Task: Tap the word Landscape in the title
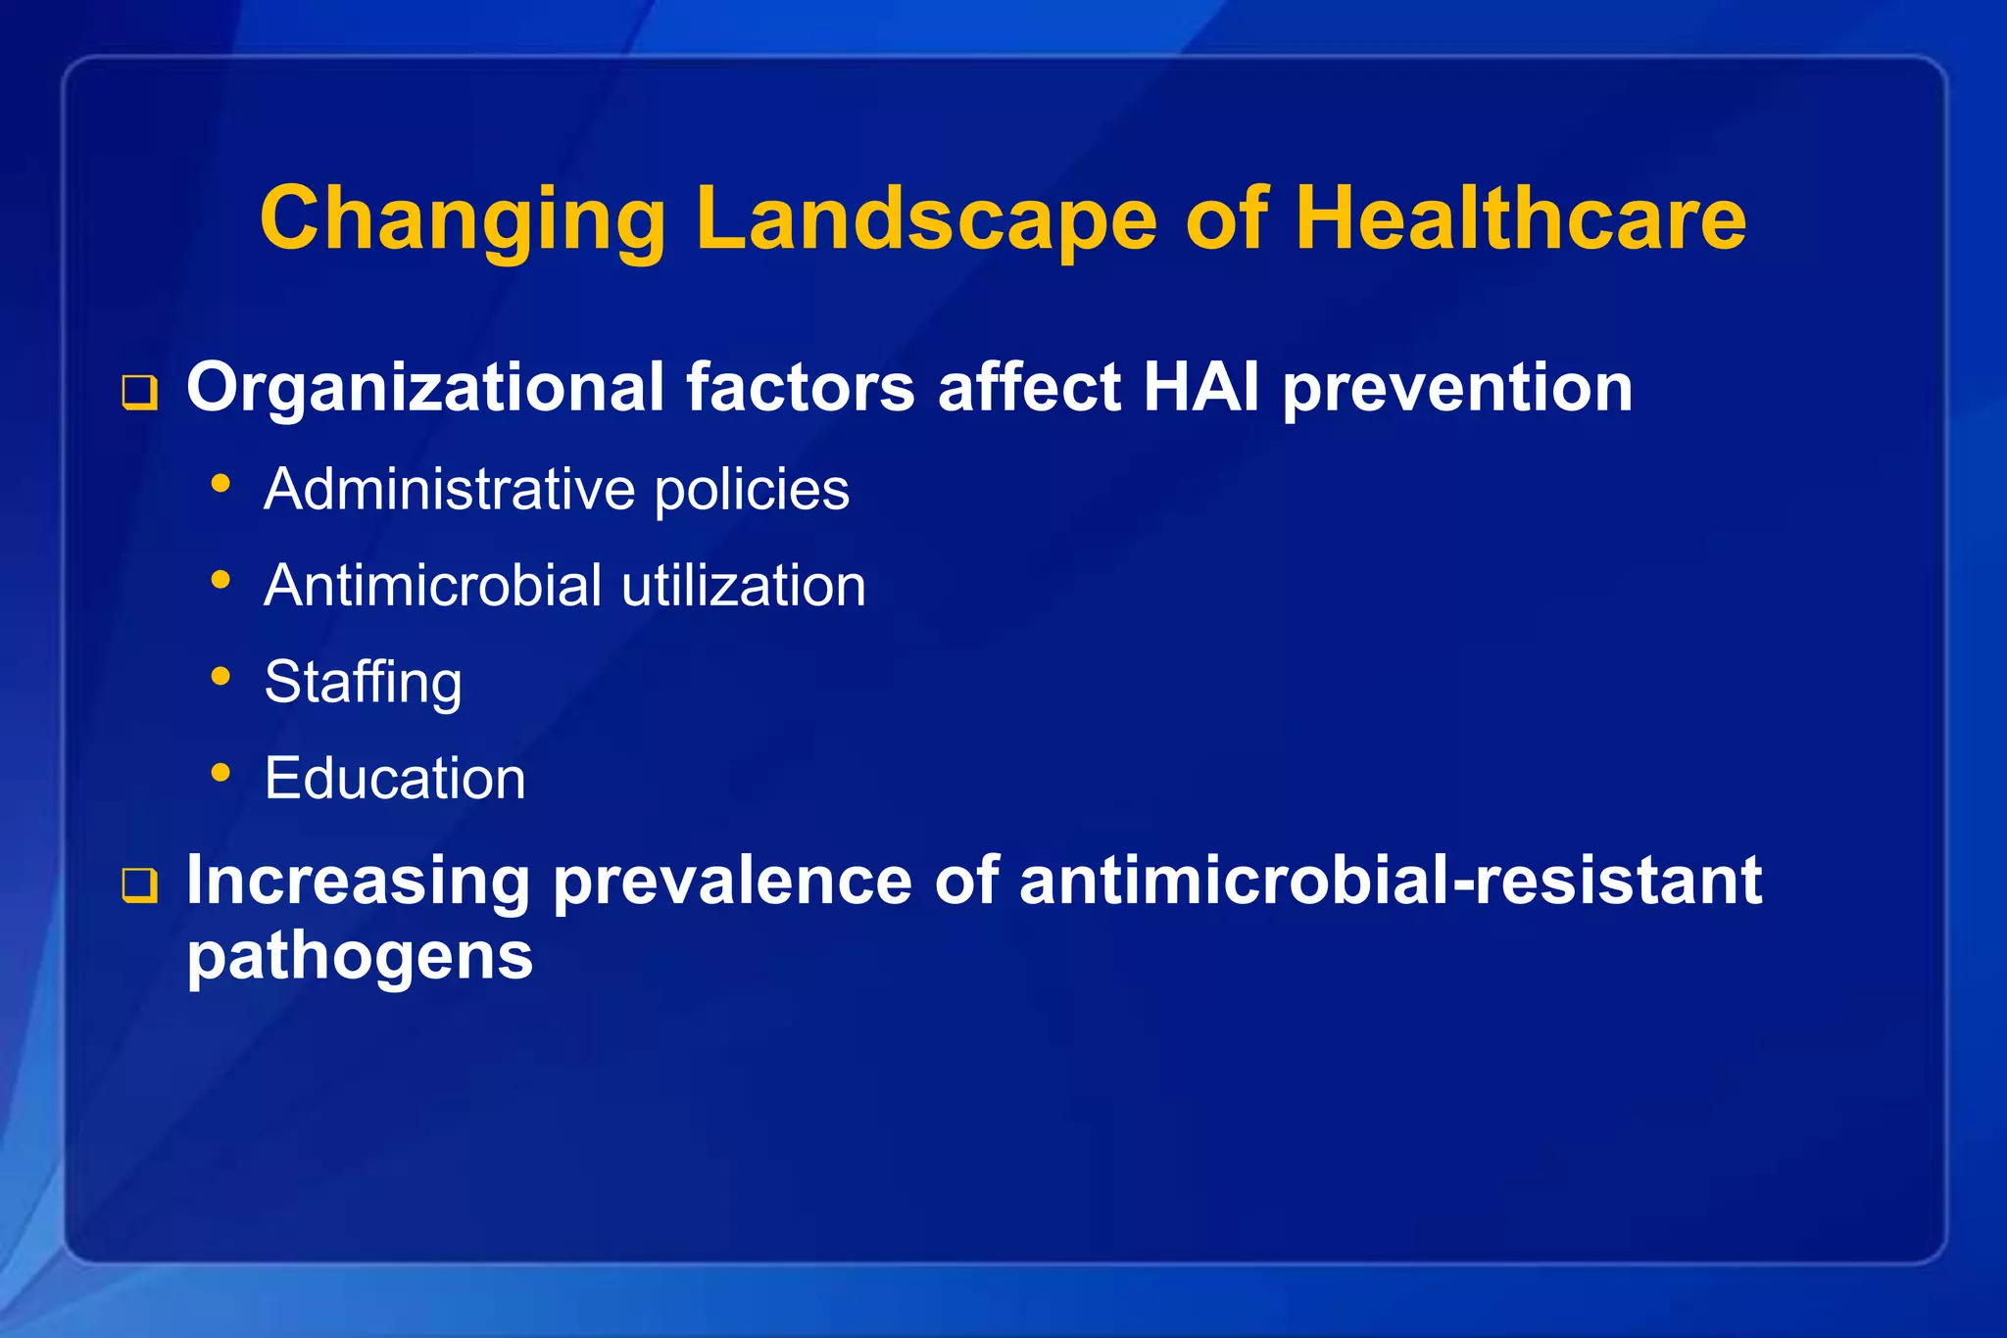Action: (926, 219)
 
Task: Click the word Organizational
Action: (425, 389)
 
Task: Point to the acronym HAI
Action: (1200, 387)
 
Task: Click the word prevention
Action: (1457, 389)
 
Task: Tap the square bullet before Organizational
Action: (139, 393)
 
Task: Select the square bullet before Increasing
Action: (139, 885)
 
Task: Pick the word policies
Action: (752, 491)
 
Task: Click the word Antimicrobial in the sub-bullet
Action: (432, 586)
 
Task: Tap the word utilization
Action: (744, 586)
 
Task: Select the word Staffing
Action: (363, 683)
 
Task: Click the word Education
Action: (395, 779)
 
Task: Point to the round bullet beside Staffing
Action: (220, 676)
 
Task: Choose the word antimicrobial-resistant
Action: (1391, 880)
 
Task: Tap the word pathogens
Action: (360, 956)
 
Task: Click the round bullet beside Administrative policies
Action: (220, 483)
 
